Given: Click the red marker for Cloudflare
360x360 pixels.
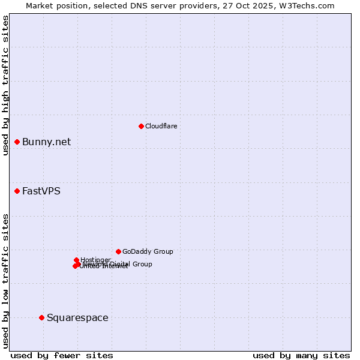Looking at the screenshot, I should click(141, 126).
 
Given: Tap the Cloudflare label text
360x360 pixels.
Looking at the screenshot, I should click(161, 126).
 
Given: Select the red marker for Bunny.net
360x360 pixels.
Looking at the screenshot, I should click(17, 142).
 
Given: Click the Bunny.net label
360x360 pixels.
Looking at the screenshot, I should click(46, 142).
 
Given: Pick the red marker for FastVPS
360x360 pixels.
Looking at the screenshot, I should click(17, 191).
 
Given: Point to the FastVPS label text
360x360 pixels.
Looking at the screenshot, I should click(41, 191).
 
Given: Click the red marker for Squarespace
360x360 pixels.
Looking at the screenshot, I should click(41, 317).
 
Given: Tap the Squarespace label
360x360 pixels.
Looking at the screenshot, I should click(77, 318).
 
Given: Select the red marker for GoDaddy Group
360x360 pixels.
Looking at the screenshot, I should click(118, 251).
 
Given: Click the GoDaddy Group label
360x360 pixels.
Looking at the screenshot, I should click(148, 252).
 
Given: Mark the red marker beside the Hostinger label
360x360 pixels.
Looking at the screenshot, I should click(76, 260).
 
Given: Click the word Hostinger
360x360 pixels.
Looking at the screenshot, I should click(96, 260).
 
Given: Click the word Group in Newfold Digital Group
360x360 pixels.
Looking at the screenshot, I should click(142, 264).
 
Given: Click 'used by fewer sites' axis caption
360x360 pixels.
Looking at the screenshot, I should click(62, 355).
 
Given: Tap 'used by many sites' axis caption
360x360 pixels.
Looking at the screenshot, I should click(301, 355).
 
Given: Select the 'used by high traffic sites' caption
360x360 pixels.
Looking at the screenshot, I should click(5, 85).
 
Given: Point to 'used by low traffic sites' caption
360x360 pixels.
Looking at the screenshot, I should click(5, 281).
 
